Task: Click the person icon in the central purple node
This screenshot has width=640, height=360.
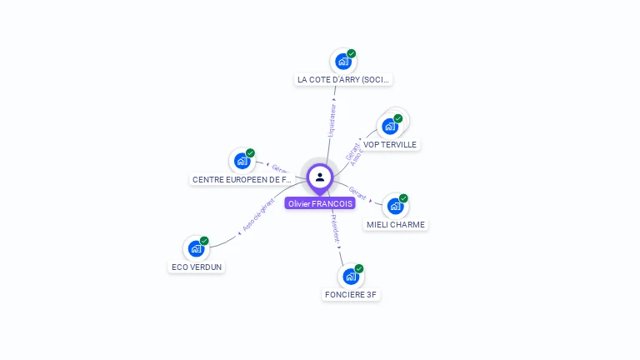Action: pyautogui.click(x=320, y=177)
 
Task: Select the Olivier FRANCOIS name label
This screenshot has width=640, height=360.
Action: pyautogui.click(x=320, y=203)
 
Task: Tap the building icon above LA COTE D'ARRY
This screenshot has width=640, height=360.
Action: pyautogui.click(x=342, y=61)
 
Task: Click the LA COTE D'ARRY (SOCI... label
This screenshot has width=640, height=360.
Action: pyautogui.click(x=343, y=80)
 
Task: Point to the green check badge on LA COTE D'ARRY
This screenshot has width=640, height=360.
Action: pyautogui.click(x=352, y=53)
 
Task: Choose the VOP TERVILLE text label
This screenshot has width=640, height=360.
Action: pyautogui.click(x=390, y=145)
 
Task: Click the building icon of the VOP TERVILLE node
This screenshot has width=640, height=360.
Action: pyautogui.click(x=389, y=127)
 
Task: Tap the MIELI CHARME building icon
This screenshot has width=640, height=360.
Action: pyautogui.click(x=395, y=206)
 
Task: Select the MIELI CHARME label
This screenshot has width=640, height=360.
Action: pyautogui.click(x=396, y=225)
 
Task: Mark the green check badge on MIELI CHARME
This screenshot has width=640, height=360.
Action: pyautogui.click(x=403, y=198)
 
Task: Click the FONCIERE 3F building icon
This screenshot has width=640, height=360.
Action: pyautogui.click(x=351, y=276)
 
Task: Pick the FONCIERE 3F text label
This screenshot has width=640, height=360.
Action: pyautogui.click(x=351, y=295)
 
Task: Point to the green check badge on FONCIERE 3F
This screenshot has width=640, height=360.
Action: pyautogui.click(x=359, y=268)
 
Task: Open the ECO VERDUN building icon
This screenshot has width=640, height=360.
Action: pyautogui.click(x=196, y=248)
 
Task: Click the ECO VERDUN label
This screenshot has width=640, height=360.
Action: pyautogui.click(x=197, y=267)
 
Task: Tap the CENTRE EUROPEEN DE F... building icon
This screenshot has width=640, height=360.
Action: pyautogui.click(x=242, y=161)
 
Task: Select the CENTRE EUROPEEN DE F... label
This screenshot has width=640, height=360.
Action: pyautogui.click(x=242, y=180)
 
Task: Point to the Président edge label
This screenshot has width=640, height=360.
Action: pyautogui.click(x=334, y=229)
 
